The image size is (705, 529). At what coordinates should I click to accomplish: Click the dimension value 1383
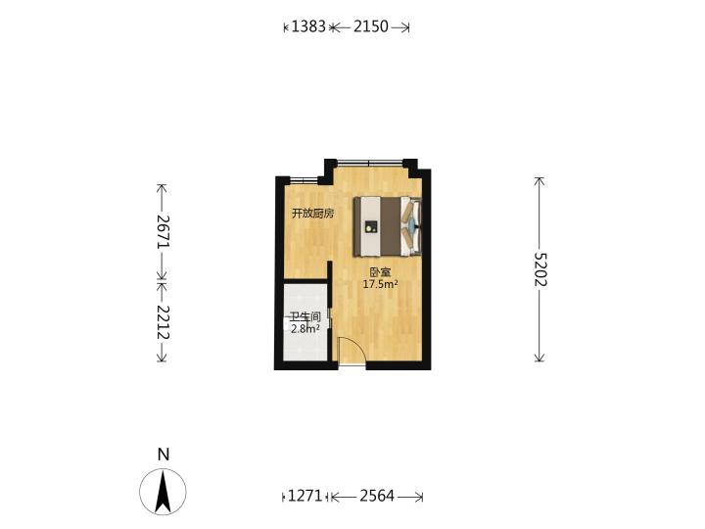(308, 26)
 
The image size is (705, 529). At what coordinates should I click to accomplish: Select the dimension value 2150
(370, 26)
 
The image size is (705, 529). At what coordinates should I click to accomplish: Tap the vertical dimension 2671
(163, 231)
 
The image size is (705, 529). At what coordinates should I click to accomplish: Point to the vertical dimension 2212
(163, 322)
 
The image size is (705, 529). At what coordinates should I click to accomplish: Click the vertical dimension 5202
(540, 269)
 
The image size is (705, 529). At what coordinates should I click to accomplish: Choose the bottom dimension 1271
(305, 496)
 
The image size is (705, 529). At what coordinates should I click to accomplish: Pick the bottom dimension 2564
(377, 496)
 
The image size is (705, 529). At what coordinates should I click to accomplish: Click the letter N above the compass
(164, 455)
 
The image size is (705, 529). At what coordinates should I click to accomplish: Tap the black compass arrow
(163, 491)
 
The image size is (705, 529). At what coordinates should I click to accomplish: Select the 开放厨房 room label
(313, 214)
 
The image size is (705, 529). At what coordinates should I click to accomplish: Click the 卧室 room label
(380, 272)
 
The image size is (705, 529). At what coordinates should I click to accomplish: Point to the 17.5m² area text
(380, 284)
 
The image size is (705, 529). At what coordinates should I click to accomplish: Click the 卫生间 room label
(305, 316)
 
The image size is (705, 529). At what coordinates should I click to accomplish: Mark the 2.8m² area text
(305, 328)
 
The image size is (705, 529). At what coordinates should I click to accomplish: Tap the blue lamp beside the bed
(412, 224)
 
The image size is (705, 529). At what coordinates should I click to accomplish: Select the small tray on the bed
(370, 226)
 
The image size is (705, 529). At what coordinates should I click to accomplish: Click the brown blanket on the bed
(391, 226)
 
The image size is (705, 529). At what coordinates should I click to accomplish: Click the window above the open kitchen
(304, 180)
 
